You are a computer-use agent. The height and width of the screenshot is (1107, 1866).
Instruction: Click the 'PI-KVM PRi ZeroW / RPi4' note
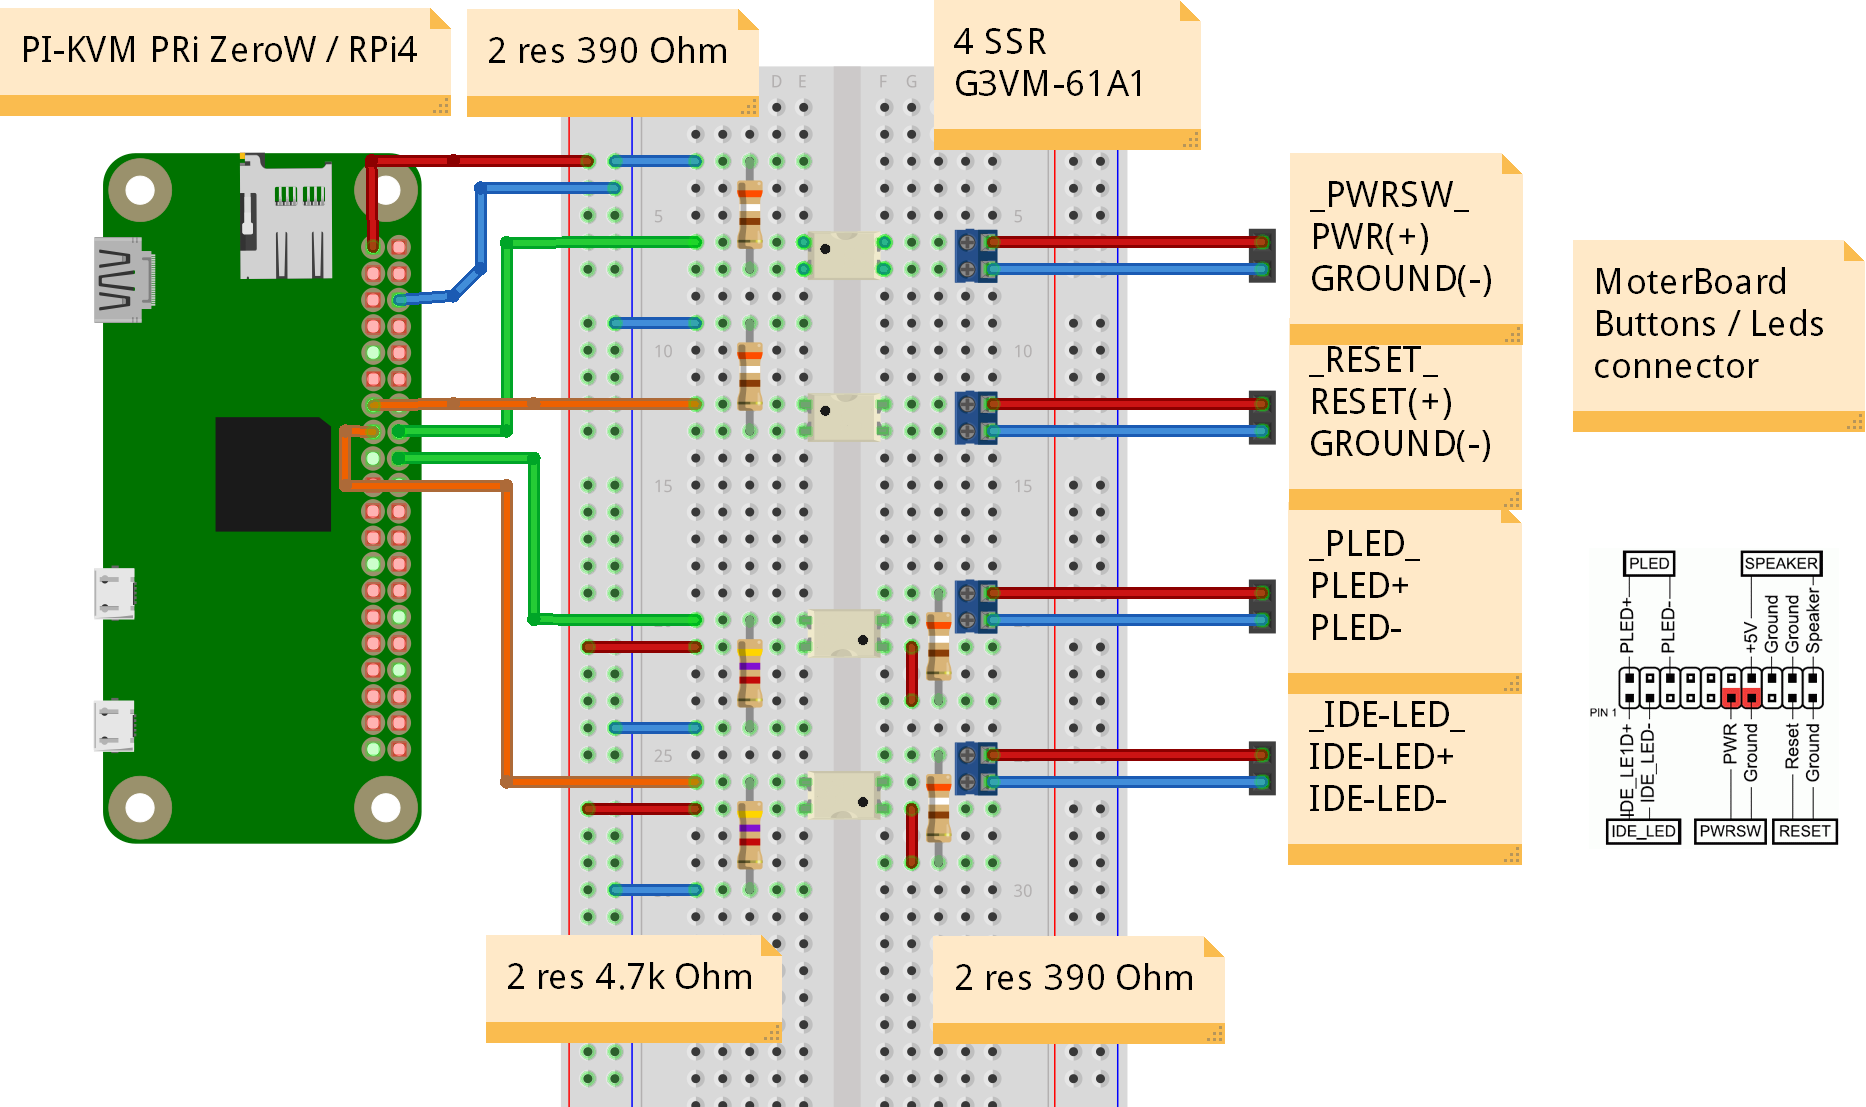220,50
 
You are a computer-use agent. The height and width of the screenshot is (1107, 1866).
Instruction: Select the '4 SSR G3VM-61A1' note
1050,63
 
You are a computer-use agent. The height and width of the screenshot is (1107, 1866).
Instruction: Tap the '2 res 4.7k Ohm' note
629,977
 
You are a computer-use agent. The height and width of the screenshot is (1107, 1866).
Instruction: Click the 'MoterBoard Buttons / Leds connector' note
1710,324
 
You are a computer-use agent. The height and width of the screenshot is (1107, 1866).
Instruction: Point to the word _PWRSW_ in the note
1390,194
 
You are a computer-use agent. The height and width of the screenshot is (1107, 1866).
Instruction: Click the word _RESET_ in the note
1374,360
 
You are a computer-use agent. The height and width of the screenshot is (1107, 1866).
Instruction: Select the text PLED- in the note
1356,628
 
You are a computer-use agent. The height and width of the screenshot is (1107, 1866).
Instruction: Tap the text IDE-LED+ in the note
1381,757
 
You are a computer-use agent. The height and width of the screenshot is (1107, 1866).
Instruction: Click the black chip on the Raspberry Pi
273,474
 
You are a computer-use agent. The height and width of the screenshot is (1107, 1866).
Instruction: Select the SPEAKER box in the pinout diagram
1781,564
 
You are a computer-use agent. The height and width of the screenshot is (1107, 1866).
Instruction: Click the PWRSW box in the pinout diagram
1730,831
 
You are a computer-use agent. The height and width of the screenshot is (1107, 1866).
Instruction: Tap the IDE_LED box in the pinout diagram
1643,831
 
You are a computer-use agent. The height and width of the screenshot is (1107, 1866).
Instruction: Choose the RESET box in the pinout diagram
1804,831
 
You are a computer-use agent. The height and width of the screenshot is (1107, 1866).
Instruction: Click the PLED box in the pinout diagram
1648,564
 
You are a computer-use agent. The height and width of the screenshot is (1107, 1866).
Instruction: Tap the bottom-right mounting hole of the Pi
386,807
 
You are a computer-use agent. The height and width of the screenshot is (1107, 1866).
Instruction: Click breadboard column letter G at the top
911,82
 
